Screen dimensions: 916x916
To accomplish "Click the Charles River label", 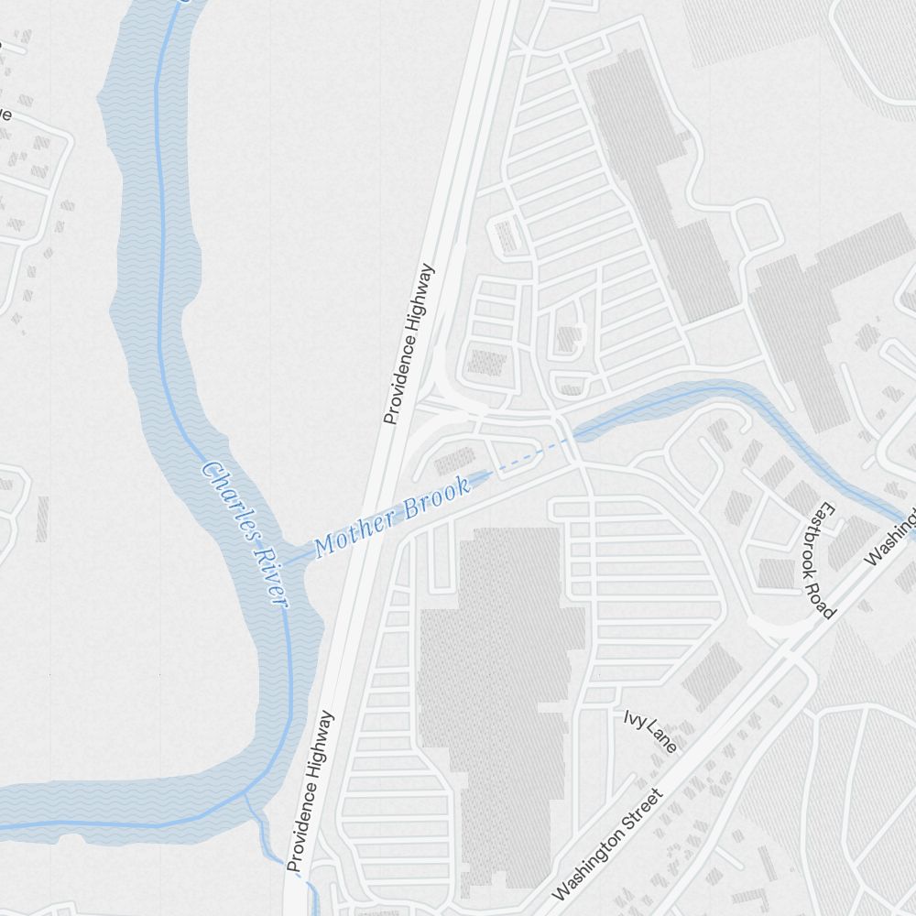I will point(245,533).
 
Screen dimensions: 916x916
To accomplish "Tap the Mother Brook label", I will point(392,516).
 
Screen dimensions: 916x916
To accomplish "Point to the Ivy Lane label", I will point(650,730).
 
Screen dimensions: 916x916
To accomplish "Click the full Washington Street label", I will point(606,844).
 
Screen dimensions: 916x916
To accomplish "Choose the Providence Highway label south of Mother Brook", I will point(310,791).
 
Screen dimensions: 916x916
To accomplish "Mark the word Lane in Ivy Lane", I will point(661,738).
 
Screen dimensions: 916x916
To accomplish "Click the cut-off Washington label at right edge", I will point(892,537).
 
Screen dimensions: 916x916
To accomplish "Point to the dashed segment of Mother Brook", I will point(527,457).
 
